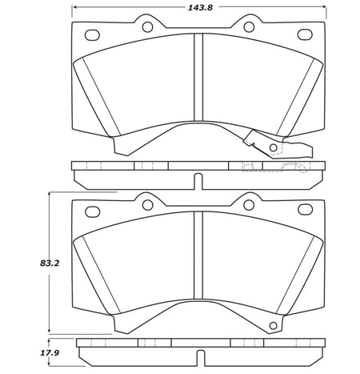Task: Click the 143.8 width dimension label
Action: [x=200, y=7]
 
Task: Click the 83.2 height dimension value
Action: [x=50, y=263]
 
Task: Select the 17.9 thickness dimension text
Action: [x=50, y=353]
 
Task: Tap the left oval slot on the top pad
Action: [x=92, y=35]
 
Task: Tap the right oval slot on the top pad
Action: [x=305, y=34]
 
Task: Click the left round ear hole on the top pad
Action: [x=147, y=26]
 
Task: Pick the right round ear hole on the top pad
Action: [x=249, y=26]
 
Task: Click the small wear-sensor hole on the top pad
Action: [x=273, y=147]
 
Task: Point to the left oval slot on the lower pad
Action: [x=92, y=211]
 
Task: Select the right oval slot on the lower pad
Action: [x=305, y=210]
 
